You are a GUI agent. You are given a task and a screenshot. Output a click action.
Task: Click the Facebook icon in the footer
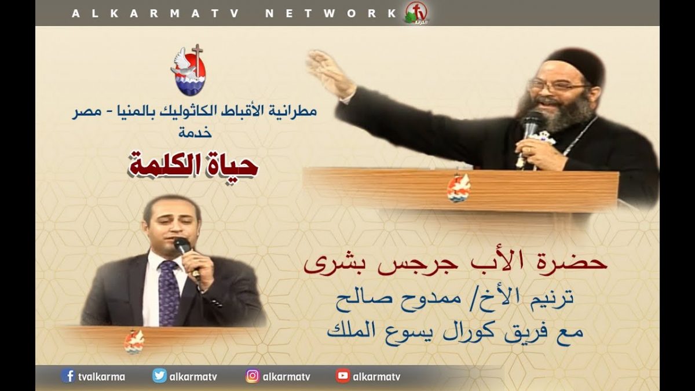pyautogui.click(x=68, y=376)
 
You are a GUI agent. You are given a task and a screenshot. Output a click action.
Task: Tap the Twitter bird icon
pyautogui.click(x=159, y=376)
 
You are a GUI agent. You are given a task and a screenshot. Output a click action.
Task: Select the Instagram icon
pyautogui.click(x=253, y=376)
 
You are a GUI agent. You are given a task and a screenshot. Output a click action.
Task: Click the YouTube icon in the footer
pyautogui.click(x=343, y=376)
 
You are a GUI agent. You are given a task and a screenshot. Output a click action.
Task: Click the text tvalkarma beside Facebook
pyautogui.click(x=101, y=377)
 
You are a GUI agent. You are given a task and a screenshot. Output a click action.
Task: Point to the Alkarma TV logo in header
pyautogui.click(x=416, y=13)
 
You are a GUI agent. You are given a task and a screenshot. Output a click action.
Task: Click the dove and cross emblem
pyautogui.click(x=188, y=70)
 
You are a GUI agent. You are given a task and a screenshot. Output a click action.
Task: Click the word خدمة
pyautogui.click(x=195, y=133)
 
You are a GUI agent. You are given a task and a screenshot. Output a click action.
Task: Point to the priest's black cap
pyautogui.click(x=575, y=64)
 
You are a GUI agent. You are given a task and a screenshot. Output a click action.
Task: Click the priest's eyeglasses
pyautogui.click(x=558, y=86)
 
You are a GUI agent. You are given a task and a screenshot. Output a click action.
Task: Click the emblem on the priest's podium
pyautogui.click(x=459, y=188)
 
